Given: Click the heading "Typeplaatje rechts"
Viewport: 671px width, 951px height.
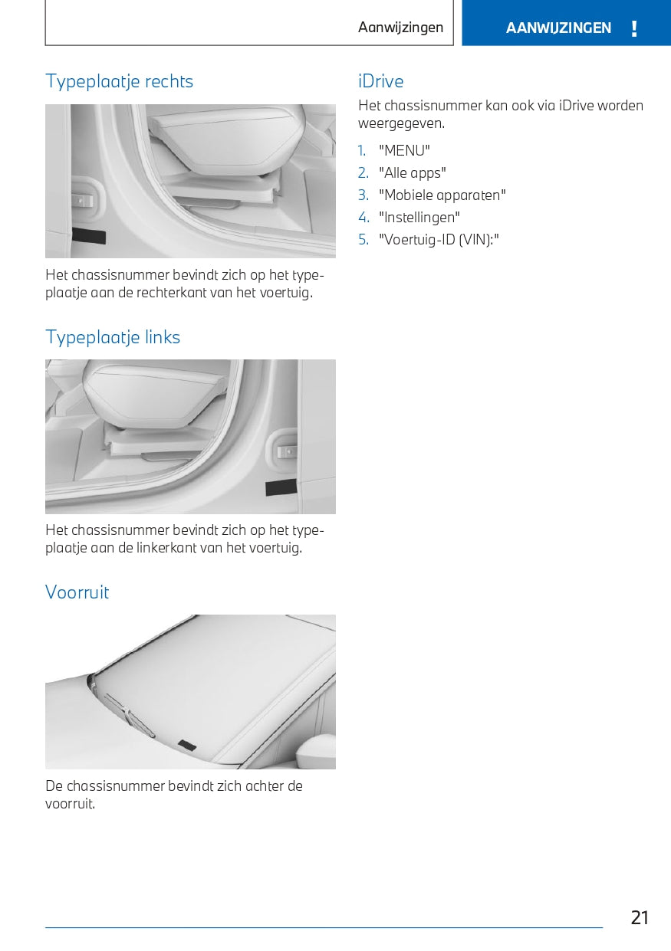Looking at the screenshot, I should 119,81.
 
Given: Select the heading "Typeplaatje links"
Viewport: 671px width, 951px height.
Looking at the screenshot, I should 113,337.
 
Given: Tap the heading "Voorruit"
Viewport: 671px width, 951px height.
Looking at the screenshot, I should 77,592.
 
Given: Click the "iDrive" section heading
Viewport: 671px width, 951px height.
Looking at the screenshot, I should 380,81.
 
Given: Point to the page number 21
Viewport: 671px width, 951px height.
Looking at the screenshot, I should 640,917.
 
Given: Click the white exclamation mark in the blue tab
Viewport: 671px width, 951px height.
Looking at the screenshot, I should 634,29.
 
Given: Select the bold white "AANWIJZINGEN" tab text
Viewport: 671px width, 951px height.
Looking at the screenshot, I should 558,28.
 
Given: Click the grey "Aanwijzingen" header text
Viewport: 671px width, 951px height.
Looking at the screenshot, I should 400,28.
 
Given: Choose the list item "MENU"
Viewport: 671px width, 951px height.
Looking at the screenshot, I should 404,151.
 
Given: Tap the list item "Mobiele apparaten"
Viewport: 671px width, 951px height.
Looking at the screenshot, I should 442,195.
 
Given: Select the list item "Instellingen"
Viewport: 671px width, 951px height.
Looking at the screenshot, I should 419,218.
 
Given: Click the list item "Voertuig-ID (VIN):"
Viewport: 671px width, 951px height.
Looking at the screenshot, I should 439,240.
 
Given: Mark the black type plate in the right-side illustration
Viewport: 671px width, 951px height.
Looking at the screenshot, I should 88,235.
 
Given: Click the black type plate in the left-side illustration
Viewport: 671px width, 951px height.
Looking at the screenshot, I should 281,487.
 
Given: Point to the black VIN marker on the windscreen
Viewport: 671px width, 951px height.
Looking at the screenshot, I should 187,745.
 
